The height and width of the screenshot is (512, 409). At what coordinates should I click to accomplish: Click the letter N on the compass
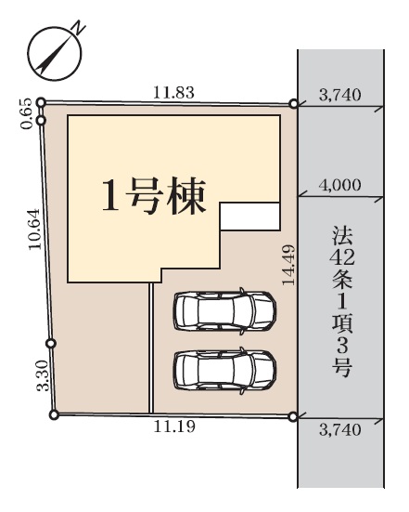(79, 28)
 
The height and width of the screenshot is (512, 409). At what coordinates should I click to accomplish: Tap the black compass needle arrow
(54, 55)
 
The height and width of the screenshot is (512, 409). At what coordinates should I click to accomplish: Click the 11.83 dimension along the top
(173, 93)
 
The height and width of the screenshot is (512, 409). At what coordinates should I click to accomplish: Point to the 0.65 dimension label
(27, 113)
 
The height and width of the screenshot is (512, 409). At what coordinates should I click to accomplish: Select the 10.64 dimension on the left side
(34, 230)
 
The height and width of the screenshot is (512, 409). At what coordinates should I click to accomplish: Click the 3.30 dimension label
(43, 375)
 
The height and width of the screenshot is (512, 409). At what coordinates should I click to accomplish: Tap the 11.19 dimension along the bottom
(174, 427)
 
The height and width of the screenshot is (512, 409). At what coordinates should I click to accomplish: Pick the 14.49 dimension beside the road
(288, 265)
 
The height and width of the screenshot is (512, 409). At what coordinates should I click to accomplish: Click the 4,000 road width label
(340, 185)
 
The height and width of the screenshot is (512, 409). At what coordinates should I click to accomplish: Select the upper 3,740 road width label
(340, 96)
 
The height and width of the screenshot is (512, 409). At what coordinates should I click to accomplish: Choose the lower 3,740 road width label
(340, 430)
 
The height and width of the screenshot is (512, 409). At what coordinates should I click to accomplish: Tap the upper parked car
(224, 311)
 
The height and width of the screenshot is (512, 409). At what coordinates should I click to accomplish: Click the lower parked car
(224, 371)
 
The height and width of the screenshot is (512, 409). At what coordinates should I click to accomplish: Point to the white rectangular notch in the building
(250, 217)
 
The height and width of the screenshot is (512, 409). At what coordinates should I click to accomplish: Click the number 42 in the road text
(342, 258)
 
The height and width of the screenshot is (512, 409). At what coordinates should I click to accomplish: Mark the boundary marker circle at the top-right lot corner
(294, 104)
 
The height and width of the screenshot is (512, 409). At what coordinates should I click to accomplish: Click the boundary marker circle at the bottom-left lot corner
(54, 414)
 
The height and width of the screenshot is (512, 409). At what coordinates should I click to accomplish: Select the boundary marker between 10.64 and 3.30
(51, 344)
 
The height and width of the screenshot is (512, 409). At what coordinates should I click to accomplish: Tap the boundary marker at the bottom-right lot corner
(293, 417)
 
